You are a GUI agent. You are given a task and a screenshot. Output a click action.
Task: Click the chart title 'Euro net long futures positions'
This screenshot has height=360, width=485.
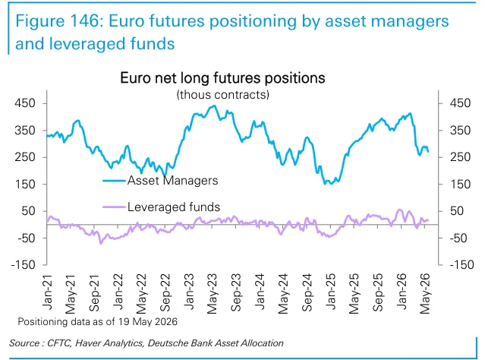point(222,77)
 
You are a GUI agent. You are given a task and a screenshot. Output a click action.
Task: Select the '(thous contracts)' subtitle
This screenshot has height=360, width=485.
point(222,94)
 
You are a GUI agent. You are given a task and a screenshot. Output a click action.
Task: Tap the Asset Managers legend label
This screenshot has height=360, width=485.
point(172,181)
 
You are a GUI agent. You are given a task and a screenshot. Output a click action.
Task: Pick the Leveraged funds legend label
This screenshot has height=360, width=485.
point(174,207)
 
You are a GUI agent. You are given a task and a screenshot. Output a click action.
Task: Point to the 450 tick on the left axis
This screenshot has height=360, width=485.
point(25,103)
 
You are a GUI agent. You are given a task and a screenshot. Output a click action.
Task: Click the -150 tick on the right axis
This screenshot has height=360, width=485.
point(461,264)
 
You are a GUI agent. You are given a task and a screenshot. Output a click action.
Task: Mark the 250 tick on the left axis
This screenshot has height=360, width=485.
point(25,157)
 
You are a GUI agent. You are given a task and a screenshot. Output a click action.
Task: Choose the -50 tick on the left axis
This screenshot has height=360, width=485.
point(27,238)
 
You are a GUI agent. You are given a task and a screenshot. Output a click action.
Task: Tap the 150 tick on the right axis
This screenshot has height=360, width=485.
point(460,185)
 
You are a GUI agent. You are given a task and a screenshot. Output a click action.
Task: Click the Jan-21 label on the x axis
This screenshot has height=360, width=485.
point(47,292)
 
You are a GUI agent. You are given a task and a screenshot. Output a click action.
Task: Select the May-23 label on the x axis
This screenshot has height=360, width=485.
point(213,294)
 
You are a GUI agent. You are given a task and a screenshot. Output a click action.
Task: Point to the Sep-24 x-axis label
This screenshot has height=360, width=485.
point(307,292)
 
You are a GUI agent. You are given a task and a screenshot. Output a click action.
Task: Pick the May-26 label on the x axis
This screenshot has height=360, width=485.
point(425,294)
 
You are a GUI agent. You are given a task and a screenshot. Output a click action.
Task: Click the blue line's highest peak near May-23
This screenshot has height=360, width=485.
point(214,106)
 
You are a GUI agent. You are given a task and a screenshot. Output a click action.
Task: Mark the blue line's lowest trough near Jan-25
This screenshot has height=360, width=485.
point(325,185)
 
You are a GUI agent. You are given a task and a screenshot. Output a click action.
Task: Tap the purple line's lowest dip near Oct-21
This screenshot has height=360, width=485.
point(100,244)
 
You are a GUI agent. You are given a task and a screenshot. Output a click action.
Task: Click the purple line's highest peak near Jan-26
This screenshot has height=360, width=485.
point(399,210)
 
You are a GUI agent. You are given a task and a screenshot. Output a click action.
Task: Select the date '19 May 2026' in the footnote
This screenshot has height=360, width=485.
point(147,321)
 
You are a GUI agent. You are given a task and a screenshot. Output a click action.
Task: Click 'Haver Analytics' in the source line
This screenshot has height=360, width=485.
point(109,343)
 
